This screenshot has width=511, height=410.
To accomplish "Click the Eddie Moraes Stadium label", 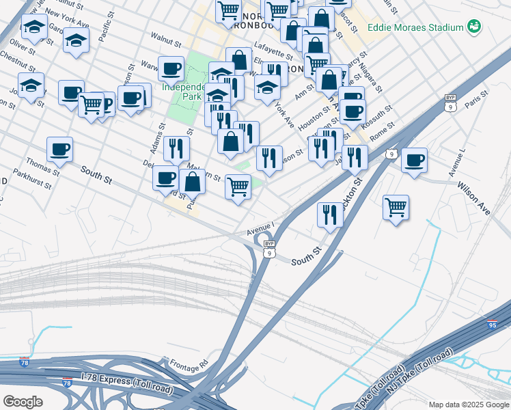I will pos(415,28).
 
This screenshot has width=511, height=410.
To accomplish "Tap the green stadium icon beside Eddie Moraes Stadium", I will pos(474,28).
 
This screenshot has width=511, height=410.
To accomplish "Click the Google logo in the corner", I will pos(23,402).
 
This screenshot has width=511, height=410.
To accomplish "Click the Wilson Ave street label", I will pos(473,197).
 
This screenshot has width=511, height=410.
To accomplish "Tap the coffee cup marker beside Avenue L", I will pos(414,161).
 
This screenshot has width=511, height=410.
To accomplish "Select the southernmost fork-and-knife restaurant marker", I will pos(331,215).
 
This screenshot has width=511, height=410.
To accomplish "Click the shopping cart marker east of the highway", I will pos(396,206).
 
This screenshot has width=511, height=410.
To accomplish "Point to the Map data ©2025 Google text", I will pos(468,405).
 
